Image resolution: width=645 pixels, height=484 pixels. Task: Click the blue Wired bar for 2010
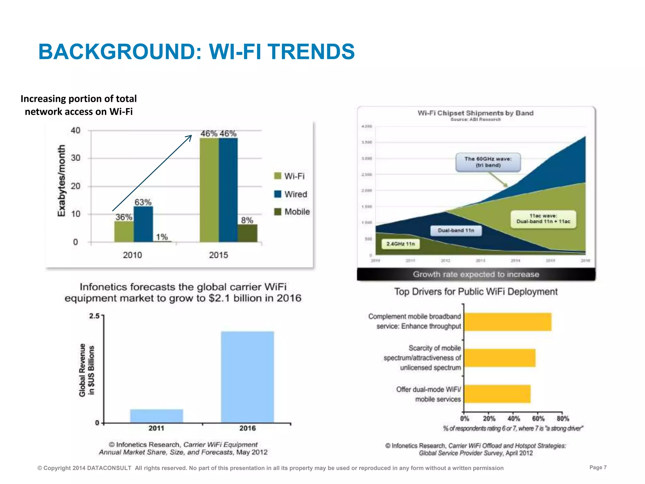point(143,224)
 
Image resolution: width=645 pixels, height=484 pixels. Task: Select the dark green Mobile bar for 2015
point(247,233)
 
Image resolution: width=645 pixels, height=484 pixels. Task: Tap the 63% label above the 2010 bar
point(143,202)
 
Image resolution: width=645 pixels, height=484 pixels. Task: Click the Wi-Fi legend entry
point(290,176)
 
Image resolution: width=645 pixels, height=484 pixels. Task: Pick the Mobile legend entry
point(292,212)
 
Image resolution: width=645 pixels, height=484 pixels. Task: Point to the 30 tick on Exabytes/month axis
point(76,158)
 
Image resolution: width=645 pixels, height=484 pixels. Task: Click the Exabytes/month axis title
point(61,181)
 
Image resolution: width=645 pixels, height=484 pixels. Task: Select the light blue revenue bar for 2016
point(247,377)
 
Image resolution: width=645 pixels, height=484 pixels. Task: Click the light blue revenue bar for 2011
point(157,416)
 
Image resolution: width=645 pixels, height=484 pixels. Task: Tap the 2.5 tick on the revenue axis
point(94,316)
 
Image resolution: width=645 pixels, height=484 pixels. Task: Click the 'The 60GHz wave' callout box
point(488,162)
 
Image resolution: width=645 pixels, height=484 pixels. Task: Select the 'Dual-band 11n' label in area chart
point(456,230)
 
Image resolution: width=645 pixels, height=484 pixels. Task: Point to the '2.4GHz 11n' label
point(401,244)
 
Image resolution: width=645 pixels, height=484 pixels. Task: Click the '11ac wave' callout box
point(543,219)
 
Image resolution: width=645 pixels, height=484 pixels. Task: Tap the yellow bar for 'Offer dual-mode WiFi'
point(497,394)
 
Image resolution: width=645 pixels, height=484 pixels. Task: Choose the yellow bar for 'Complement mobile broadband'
point(508,322)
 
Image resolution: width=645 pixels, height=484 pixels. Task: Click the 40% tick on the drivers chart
point(514,418)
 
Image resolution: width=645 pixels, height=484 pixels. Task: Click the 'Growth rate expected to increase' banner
point(476,274)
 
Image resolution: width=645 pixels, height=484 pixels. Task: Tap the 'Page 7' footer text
point(598,467)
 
